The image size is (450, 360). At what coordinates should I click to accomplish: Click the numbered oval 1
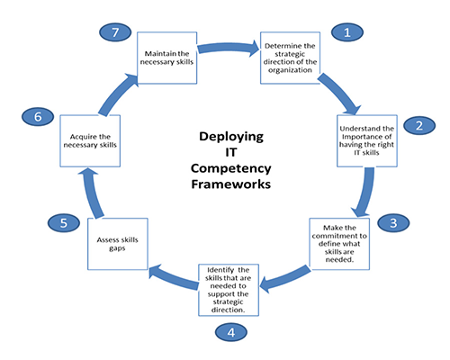347,32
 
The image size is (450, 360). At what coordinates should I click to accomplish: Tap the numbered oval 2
419,125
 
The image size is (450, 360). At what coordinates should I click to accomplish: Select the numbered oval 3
393,223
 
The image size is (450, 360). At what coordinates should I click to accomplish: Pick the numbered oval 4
231,332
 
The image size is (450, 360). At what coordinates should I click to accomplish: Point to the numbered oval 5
64,223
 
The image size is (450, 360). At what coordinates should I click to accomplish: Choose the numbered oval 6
38,116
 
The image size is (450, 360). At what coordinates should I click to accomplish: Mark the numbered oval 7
115,32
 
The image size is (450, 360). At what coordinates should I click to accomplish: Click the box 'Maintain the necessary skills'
167,58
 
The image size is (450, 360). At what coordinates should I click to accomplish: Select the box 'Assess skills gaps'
118,244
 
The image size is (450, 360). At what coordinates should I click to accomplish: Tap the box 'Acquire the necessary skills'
90,140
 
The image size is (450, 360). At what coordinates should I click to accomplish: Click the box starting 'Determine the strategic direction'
290,58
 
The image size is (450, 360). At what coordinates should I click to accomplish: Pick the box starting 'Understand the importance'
367,140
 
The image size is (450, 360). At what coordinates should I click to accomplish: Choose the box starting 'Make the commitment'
339,244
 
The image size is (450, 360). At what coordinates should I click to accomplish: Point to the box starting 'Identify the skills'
229,290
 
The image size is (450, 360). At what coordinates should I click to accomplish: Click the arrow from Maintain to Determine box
229,48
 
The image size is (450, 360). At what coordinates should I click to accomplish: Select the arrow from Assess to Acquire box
93,193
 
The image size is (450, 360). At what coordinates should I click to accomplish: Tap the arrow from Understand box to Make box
366,192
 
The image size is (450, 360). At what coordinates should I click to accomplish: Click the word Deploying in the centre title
231,137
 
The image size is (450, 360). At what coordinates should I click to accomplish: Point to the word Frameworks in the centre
231,184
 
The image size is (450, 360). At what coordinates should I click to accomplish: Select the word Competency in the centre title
231,168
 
